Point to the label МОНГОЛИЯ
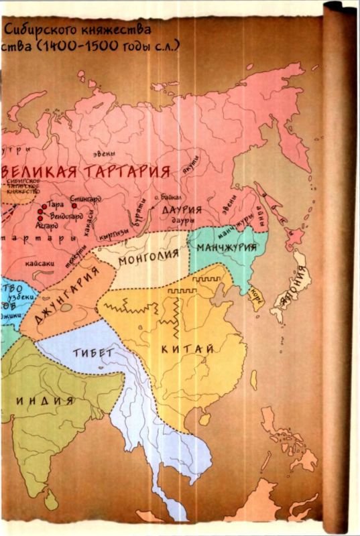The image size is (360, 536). pyautogui.click(x=148, y=256)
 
